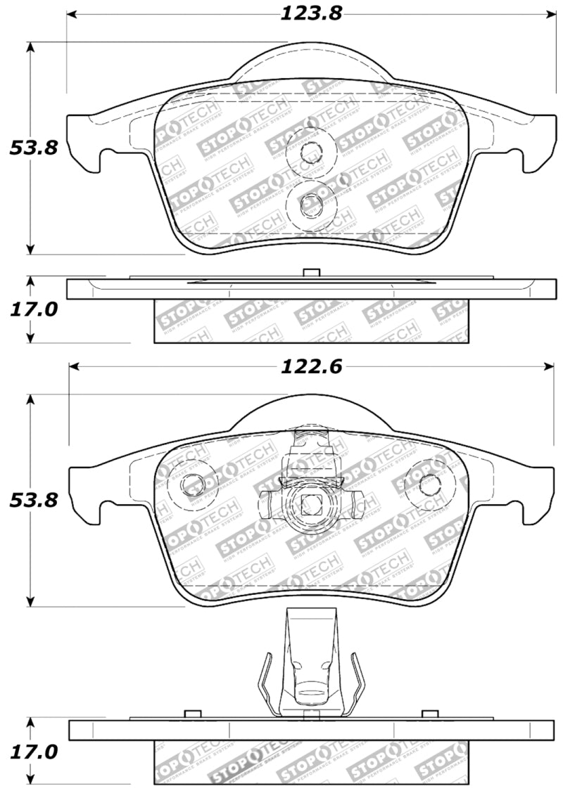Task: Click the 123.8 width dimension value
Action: [310, 13]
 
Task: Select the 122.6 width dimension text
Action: [310, 366]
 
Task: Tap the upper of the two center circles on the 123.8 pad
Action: [310, 152]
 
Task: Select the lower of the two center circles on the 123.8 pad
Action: [310, 205]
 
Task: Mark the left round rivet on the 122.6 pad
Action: [193, 484]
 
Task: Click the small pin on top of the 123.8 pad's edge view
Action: [310, 273]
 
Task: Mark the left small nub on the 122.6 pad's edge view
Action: [188, 714]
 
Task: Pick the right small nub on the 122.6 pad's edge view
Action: [426, 714]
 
